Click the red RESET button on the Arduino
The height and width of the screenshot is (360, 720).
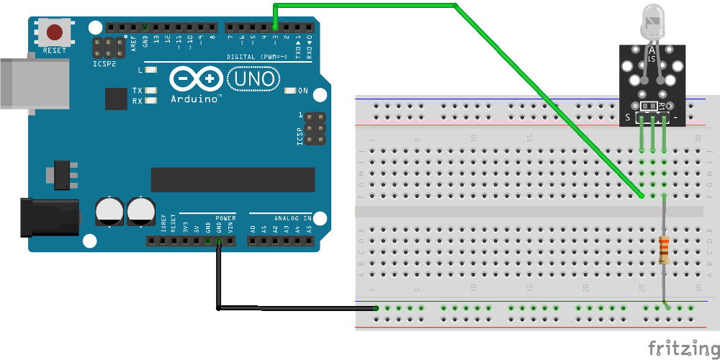pyautogui.click(x=55, y=32)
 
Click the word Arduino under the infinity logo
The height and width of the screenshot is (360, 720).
pyautogui.click(x=195, y=99)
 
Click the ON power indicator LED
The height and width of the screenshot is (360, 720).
pyautogui.click(x=291, y=91)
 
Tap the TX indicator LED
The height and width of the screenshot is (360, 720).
pyautogui.click(x=150, y=91)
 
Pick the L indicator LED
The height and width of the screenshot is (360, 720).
pyautogui.click(x=150, y=71)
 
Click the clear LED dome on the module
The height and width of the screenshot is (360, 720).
pyautogui.click(x=652, y=22)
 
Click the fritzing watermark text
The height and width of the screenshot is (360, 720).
pyautogui.click(x=682, y=348)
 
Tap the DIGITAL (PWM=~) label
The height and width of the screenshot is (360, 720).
pyautogui.click(x=260, y=56)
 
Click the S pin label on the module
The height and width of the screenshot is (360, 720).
pyautogui.click(x=628, y=117)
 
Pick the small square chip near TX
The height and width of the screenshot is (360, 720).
pyautogui.click(x=115, y=99)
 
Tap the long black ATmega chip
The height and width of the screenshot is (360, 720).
pyautogui.click(x=233, y=180)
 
